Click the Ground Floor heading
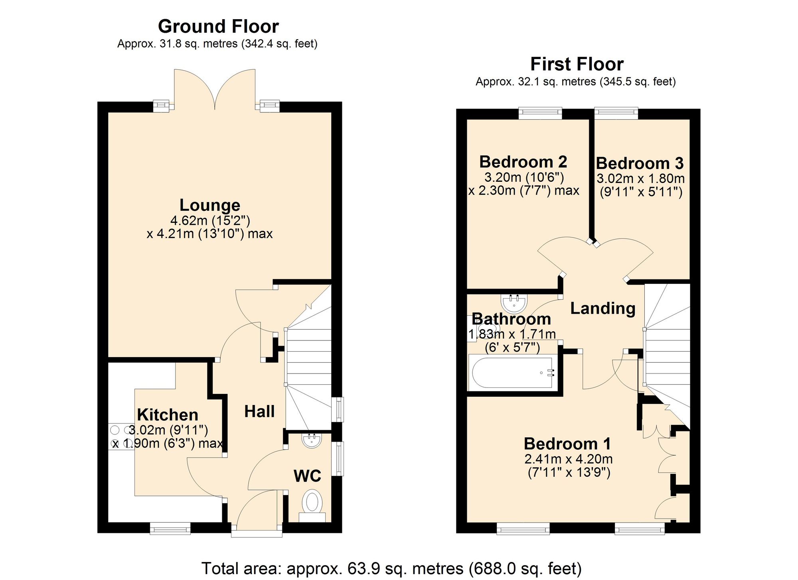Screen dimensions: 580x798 click(218, 27)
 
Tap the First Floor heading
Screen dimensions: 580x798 click(577, 64)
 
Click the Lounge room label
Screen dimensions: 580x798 click(210, 205)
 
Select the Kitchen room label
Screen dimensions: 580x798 click(168, 415)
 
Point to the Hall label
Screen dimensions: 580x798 click(259, 411)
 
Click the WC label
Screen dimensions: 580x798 click(307, 476)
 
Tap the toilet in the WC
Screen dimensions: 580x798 click(312, 503)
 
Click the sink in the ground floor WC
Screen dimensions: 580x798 click(312, 440)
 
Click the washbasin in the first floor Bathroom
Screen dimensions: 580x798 click(514, 303)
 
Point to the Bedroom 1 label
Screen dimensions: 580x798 click(567, 444)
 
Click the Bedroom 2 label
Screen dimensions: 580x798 click(523, 162)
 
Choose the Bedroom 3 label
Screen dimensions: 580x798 click(640, 163)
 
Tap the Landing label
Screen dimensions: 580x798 click(603, 309)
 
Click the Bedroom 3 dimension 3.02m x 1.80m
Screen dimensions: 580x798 click(640, 179)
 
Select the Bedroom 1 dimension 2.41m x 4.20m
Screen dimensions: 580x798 click(569, 459)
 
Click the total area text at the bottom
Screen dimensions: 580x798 click(391, 568)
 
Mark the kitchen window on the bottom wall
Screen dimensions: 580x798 click(170, 529)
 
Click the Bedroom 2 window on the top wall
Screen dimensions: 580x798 click(540, 113)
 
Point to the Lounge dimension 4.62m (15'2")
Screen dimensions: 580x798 click(210, 220)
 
